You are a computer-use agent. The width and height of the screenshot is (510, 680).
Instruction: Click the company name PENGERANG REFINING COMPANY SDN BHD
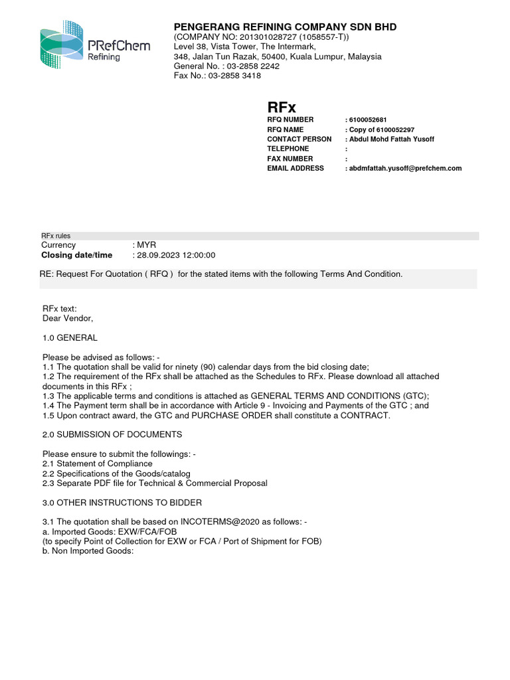285,27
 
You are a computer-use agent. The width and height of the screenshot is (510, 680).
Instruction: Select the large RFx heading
282,107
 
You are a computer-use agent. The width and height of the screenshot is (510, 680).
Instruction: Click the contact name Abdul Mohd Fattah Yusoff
391,139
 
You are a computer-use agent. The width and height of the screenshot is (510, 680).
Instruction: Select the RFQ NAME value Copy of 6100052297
381,129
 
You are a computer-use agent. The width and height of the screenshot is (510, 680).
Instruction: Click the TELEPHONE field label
288,149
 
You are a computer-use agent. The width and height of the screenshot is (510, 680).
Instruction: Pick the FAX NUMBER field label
290,159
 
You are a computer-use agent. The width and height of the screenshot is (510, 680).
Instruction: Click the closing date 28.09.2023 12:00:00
176,256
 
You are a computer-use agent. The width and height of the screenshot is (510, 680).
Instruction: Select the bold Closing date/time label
77,256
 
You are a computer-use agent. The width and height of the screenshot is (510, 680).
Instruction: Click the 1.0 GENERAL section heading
70,338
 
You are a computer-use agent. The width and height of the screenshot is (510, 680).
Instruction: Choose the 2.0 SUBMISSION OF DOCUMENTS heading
112,434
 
